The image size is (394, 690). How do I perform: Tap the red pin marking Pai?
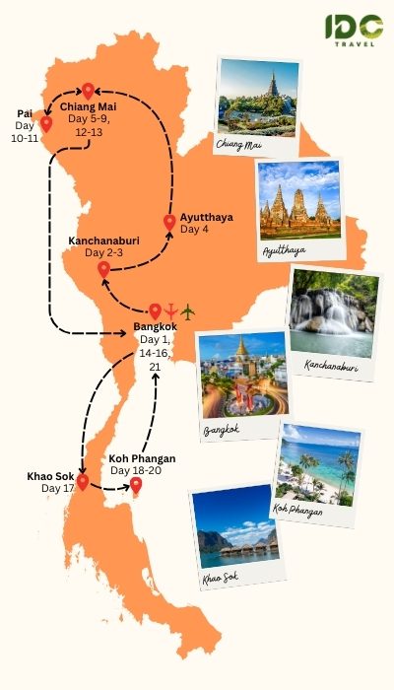45,125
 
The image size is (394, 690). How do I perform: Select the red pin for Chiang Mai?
88,92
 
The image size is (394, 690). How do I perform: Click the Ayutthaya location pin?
169,222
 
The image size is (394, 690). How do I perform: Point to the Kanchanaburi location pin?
103,269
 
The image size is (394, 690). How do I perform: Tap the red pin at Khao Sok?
83,482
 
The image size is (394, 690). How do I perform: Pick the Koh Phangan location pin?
136,485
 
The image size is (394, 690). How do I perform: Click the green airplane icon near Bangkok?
188,312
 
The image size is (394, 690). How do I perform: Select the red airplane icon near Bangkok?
171,312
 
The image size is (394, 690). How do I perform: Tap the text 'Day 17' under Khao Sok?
57,489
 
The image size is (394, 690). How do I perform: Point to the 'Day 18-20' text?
133,470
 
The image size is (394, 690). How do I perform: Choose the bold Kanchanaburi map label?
109,241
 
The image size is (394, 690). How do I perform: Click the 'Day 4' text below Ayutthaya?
193,230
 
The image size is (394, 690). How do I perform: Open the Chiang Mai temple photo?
256,97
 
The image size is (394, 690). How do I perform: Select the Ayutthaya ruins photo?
298,202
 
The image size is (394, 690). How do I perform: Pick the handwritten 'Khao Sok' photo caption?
220,578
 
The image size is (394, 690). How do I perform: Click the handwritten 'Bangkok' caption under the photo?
222,430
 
